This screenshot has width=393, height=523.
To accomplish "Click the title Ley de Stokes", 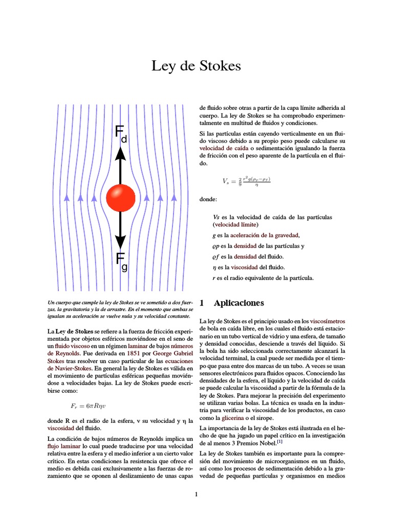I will pos(196,66).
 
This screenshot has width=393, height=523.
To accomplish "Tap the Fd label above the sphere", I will pos(121,134).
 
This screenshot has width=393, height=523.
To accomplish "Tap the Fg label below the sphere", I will pos(121,260).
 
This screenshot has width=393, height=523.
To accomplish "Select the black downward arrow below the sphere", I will pos(121,230).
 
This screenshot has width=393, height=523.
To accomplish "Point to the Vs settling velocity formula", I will pos(246,181).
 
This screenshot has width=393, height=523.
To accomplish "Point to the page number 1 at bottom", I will pos(196,494).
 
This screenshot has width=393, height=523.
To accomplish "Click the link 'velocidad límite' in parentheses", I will pos(236,224).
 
